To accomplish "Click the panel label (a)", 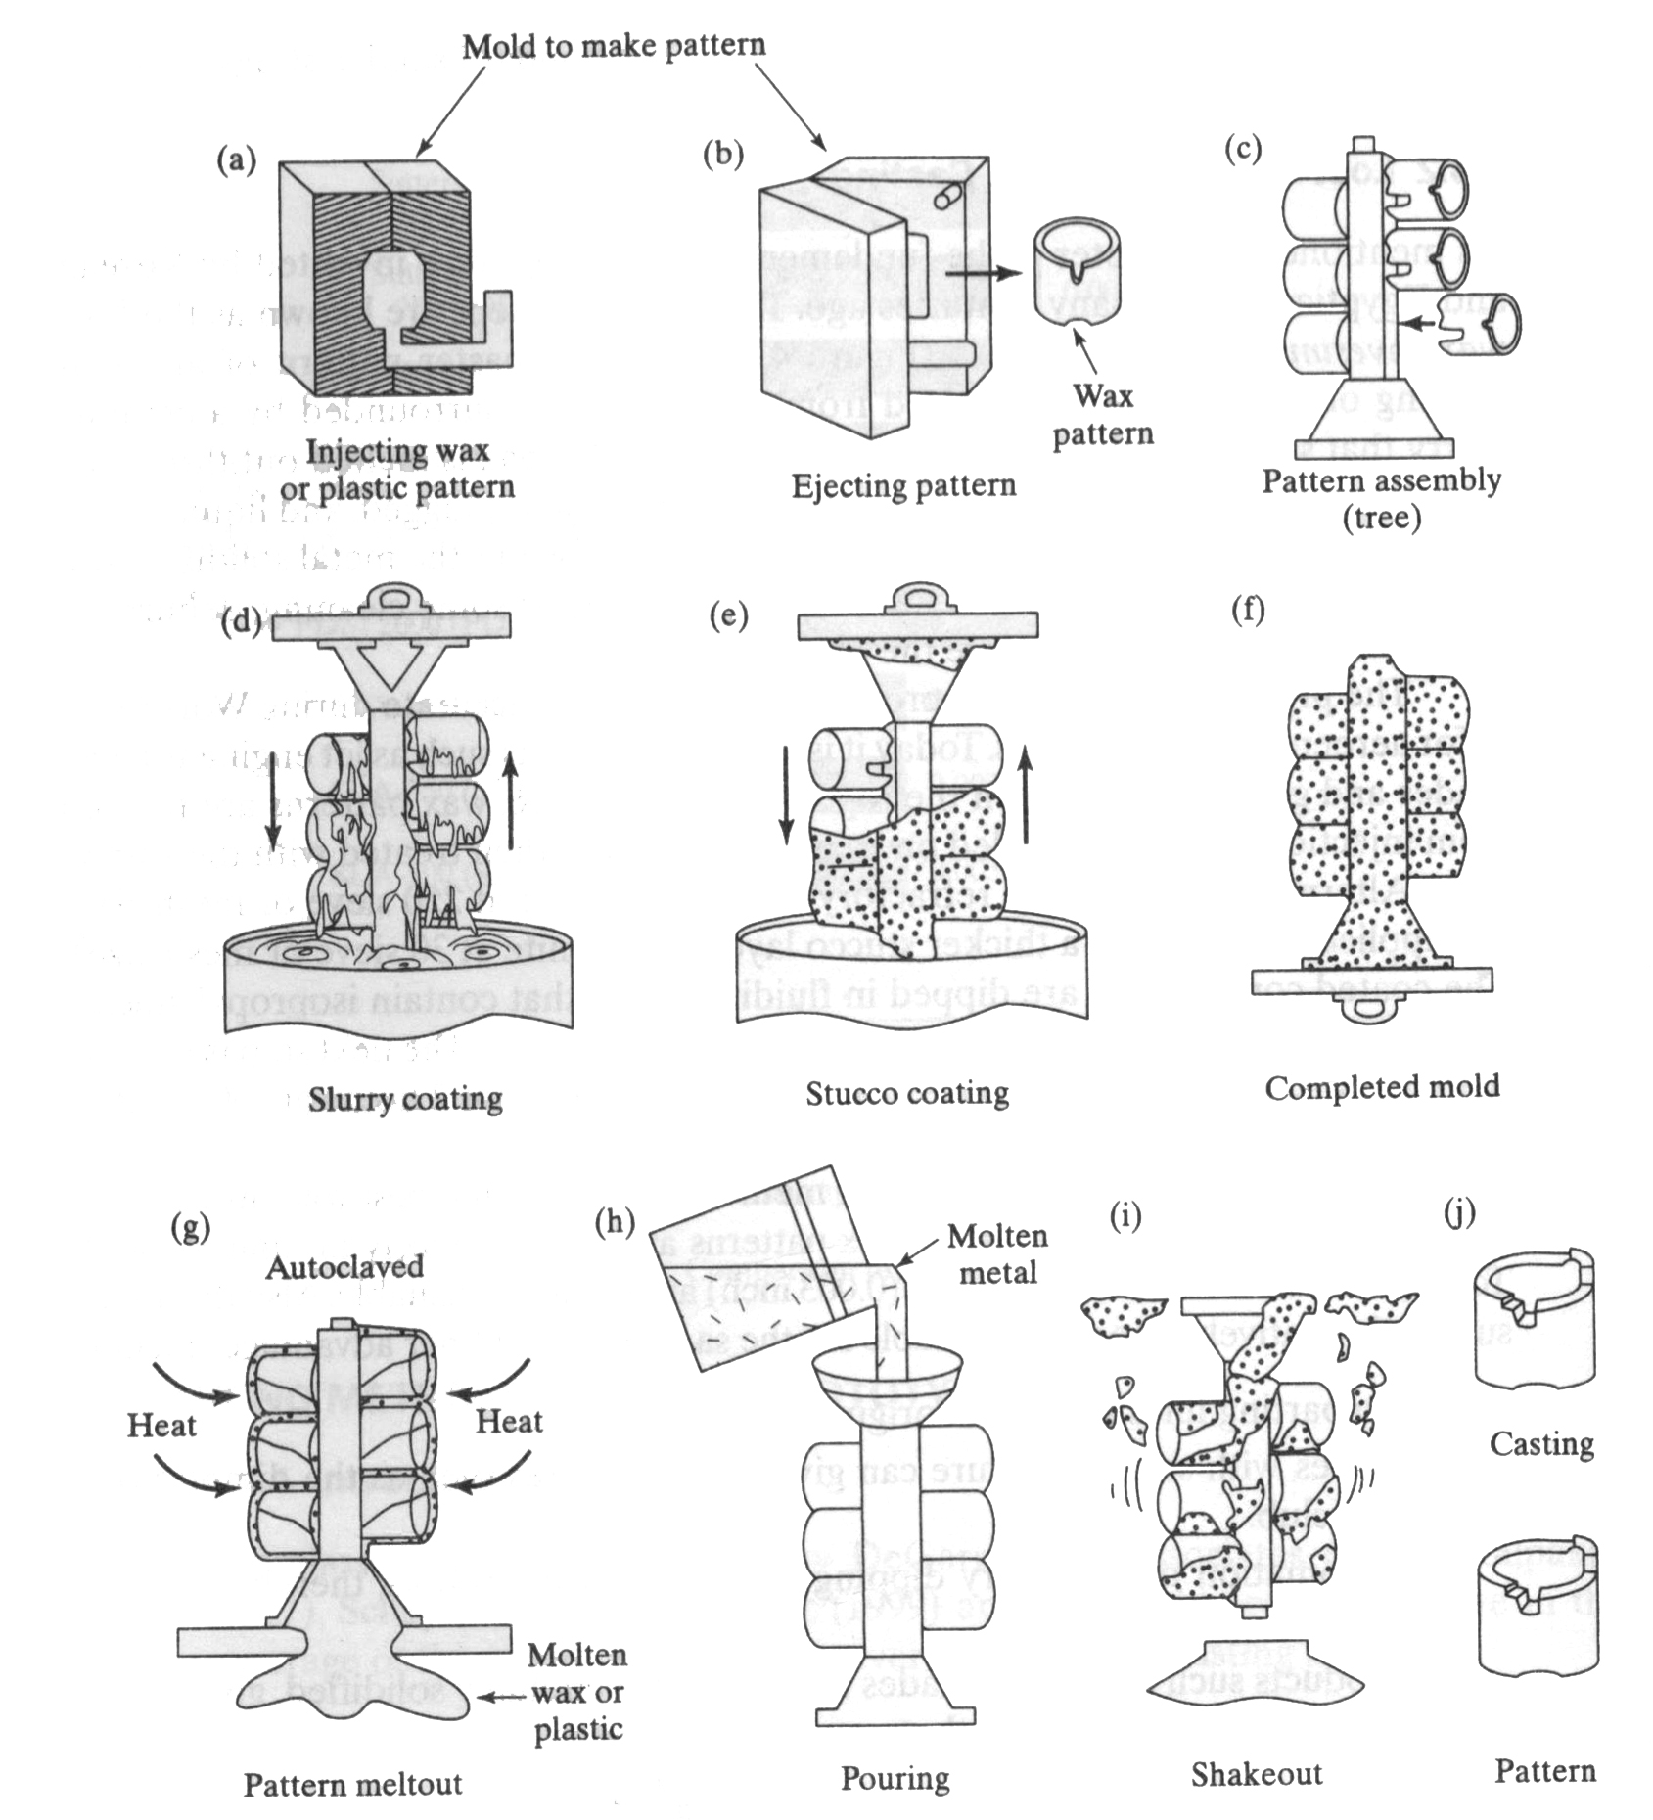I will pos(236,159).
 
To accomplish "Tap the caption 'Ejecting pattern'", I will pos(903,485).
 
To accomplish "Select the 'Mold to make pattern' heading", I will pos(614,46).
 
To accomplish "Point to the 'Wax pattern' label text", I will pos(1103,414).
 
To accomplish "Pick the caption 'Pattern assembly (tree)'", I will pos(1381,497).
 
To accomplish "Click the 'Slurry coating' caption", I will pos(405,1099).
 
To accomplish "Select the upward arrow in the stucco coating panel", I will pos(1025,793).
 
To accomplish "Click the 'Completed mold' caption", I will pos(1382,1087).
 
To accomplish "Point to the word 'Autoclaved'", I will pos(344,1267).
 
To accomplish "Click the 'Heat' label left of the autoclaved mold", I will pos(161,1425).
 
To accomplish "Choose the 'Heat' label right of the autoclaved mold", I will pos(509,1421).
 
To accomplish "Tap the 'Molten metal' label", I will pos(997,1254).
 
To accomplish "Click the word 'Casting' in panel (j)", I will pos(1541,1443).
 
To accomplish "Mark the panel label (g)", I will pos(190,1228).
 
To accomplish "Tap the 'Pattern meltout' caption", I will pos(352,1784).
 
